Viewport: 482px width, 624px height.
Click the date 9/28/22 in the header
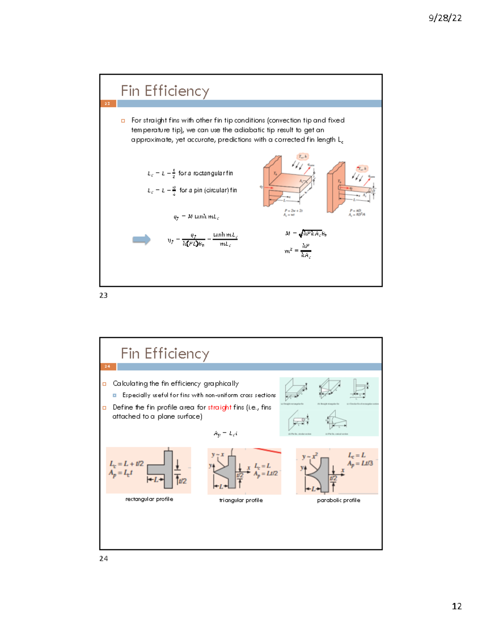click(445, 18)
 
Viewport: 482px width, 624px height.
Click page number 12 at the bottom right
click(456, 606)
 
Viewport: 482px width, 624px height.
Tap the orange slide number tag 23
click(108, 104)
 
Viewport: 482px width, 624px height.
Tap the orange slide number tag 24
click(108, 366)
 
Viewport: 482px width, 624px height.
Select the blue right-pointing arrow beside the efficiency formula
click(141, 240)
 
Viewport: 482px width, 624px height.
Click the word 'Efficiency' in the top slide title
click(177, 91)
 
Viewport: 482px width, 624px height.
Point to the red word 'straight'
click(219, 407)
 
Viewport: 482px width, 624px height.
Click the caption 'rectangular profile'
click(149, 499)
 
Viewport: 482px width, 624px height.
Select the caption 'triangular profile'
click(241, 500)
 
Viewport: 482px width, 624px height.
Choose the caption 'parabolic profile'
click(338, 500)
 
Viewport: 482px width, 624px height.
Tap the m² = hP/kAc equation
click(298, 251)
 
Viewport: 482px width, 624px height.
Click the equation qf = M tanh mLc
click(196, 217)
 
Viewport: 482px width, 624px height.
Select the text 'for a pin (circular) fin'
click(208, 190)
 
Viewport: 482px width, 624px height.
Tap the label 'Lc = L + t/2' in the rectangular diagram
click(126, 463)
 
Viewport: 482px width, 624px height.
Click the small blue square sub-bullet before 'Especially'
click(114, 395)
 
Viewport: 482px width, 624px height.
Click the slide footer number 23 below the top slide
click(103, 295)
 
